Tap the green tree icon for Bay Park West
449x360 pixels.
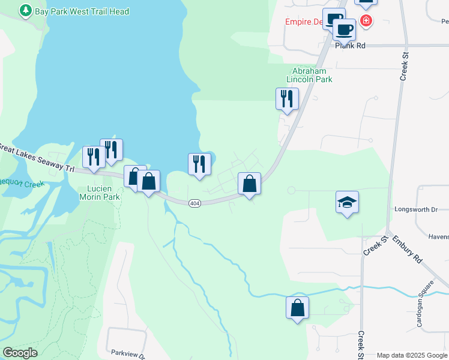tap(25, 11)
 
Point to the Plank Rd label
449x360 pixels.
tap(351, 45)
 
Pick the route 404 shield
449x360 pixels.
tap(194, 203)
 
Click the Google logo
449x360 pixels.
tap(20, 353)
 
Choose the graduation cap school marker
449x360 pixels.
tap(347, 203)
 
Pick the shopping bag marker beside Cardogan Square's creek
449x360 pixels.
tap(297, 308)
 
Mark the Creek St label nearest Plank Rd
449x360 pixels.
tap(404, 66)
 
